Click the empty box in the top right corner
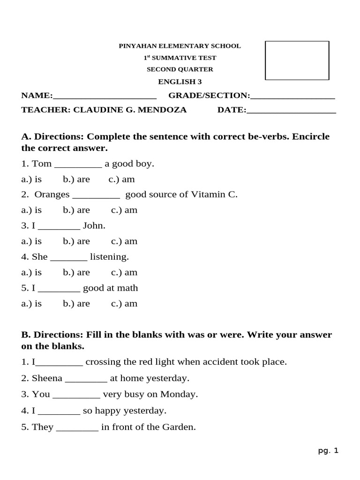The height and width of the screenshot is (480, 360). coord(297,60)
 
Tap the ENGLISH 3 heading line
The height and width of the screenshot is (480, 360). coord(180,82)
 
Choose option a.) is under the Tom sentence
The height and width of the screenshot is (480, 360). coord(31,180)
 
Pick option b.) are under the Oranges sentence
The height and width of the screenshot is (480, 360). coord(76,210)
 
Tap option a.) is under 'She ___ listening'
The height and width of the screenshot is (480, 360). coord(31,272)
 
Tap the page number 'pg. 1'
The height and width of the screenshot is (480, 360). coord(328,451)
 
